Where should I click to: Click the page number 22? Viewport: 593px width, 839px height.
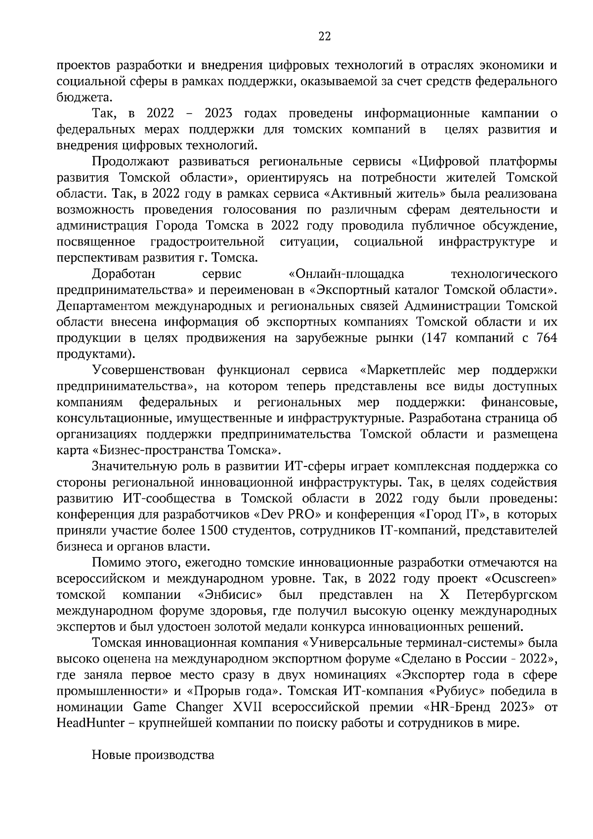[x=325, y=36]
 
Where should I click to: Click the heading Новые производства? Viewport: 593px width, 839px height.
[x=153, y=755]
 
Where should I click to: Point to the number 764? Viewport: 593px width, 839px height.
[x=546, y=338]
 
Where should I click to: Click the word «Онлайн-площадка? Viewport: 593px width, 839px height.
[x=345, y=274]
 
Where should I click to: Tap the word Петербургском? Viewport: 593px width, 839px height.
[x=511, y=594]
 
